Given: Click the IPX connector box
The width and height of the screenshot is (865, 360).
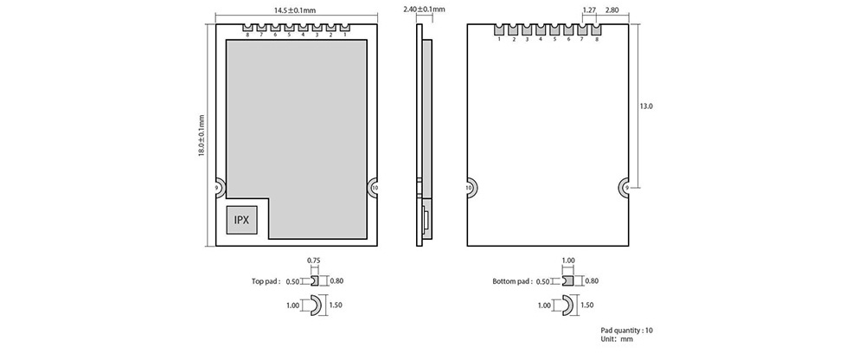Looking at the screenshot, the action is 241,220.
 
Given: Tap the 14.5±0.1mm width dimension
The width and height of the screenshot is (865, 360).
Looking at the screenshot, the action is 295,10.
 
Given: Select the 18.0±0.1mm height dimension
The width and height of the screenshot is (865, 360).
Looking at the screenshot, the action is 202,135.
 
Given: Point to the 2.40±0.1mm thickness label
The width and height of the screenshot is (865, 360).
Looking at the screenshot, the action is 424,9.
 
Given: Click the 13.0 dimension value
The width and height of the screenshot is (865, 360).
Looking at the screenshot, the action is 646,106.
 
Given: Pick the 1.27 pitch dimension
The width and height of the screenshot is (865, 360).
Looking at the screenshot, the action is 588,10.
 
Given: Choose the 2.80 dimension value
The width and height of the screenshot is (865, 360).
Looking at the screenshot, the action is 612,10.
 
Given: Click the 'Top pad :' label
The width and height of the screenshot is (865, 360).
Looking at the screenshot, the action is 266,281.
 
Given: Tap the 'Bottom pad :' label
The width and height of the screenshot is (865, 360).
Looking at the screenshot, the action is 512,281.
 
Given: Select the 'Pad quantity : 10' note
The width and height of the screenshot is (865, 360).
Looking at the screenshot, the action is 626,331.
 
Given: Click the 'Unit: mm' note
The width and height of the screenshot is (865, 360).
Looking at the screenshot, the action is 617,339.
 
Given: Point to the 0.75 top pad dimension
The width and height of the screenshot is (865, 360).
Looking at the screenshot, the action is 313,260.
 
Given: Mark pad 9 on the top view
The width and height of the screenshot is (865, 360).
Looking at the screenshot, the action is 219,188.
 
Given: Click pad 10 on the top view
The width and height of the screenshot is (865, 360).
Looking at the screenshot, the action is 374,188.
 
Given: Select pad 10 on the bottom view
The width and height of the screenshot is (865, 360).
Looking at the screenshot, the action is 471,188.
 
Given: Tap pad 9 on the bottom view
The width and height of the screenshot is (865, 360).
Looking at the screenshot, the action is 624,188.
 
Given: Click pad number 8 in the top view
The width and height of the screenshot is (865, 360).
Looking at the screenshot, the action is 248,29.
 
